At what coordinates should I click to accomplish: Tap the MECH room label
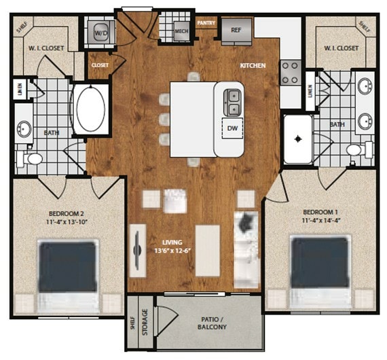coord(181,31)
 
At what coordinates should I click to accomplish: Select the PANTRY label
coord(206,23)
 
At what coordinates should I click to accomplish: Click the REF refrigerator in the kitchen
coord(236,31)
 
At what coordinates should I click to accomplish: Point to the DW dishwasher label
coord(232,128)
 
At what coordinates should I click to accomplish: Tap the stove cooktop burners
coord(291,71)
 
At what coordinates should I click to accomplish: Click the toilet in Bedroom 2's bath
coord(31,158)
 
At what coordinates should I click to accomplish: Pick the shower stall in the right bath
coord(297,139)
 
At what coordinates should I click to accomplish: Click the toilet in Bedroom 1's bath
coord(356,149)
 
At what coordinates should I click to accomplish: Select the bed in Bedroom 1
coord(320,270)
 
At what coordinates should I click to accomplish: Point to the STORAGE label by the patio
coord(145,324)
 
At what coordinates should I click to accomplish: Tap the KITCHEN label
coord(253,65)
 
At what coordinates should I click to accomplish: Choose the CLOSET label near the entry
coord(99,66)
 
